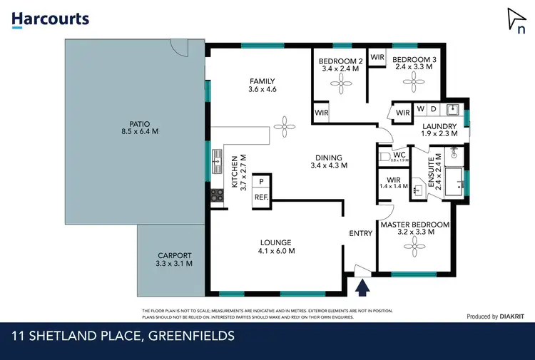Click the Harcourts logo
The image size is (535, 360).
[50, 19]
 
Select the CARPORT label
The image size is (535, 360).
[175, 259]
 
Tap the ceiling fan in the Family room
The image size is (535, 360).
[285, 127]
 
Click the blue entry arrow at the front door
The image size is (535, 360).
[362, 287]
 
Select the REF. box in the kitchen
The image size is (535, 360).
[261, 197]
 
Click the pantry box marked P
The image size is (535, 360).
[261, 182]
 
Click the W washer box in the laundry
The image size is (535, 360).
[420, 109]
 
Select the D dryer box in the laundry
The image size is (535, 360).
[432, 109]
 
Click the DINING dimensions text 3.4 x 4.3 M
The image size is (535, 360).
[329, 165]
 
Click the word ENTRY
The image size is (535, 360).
[360, 233]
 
